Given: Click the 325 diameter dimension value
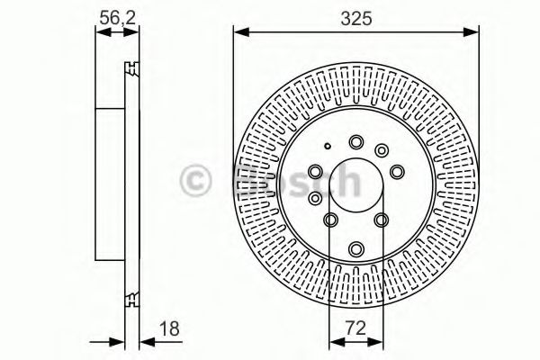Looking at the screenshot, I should (355, 15).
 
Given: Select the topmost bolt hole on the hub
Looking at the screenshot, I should (356, 140).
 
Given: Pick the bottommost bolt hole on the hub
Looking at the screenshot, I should (355, 247).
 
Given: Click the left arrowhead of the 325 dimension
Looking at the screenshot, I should (239, 32).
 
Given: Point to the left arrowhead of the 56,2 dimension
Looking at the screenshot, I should (100, 32).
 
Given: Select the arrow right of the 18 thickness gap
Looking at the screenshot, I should (146, 341).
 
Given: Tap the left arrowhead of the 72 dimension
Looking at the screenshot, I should (334, 341).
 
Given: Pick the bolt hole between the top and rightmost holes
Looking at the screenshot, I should (382, 148).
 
